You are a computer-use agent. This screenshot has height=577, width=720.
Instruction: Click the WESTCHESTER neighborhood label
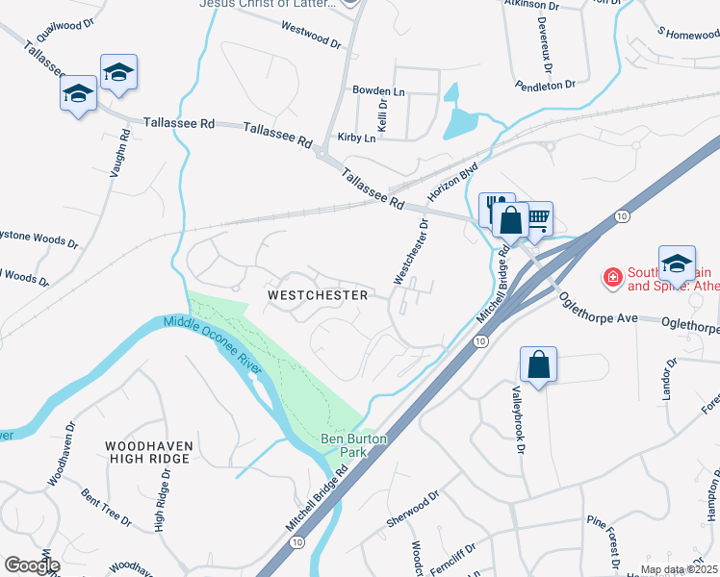(318, 295)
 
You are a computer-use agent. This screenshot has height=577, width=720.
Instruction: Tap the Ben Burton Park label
(353, 445)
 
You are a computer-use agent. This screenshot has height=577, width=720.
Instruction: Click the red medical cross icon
(611, 278)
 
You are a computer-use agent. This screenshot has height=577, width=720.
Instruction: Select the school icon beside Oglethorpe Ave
(677, 263)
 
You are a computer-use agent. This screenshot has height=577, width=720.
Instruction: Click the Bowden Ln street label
(378, 90)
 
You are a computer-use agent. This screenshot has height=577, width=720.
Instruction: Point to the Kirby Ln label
(356, 138)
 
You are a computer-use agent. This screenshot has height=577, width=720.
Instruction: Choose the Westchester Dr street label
(410, 251)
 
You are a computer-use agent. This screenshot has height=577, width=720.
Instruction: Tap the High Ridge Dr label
(161, 506)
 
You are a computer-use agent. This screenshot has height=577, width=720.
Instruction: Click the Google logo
(32, 565)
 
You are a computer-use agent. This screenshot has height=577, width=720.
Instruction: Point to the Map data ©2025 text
(678, 569)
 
